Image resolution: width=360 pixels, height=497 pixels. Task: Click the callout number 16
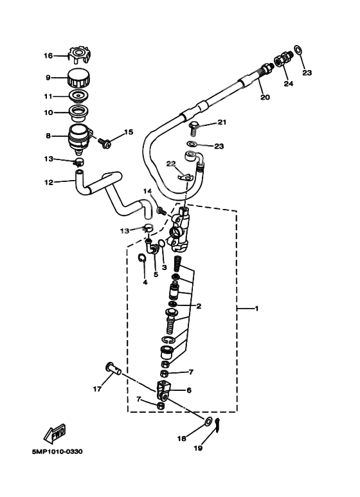click(x=48, y=56)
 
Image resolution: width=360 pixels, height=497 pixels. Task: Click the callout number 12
click(x=48, y=183)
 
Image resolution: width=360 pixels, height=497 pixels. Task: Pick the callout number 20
click(x=265, y=97)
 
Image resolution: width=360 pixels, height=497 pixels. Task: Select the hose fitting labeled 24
click(x=282, y=62)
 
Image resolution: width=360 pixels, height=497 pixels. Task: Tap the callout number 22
click(x=171, y=163)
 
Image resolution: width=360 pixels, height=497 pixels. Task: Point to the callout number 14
click(x=147, y=191)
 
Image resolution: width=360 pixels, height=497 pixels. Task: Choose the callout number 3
click(x=164, y=267)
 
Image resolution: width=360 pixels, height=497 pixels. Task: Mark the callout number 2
click(x=199, y=306)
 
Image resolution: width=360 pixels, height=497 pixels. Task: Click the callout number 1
click(x=256, y=309)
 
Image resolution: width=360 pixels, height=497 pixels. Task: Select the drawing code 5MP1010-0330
click(x=57, y=451)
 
